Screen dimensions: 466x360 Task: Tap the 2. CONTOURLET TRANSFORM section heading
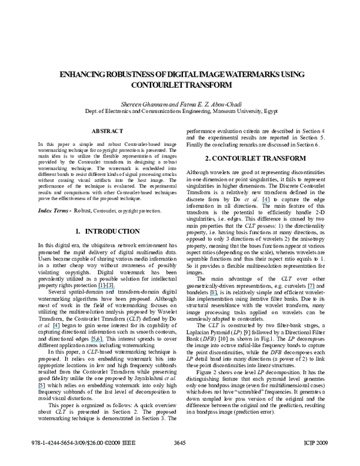[x=256, y=158]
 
